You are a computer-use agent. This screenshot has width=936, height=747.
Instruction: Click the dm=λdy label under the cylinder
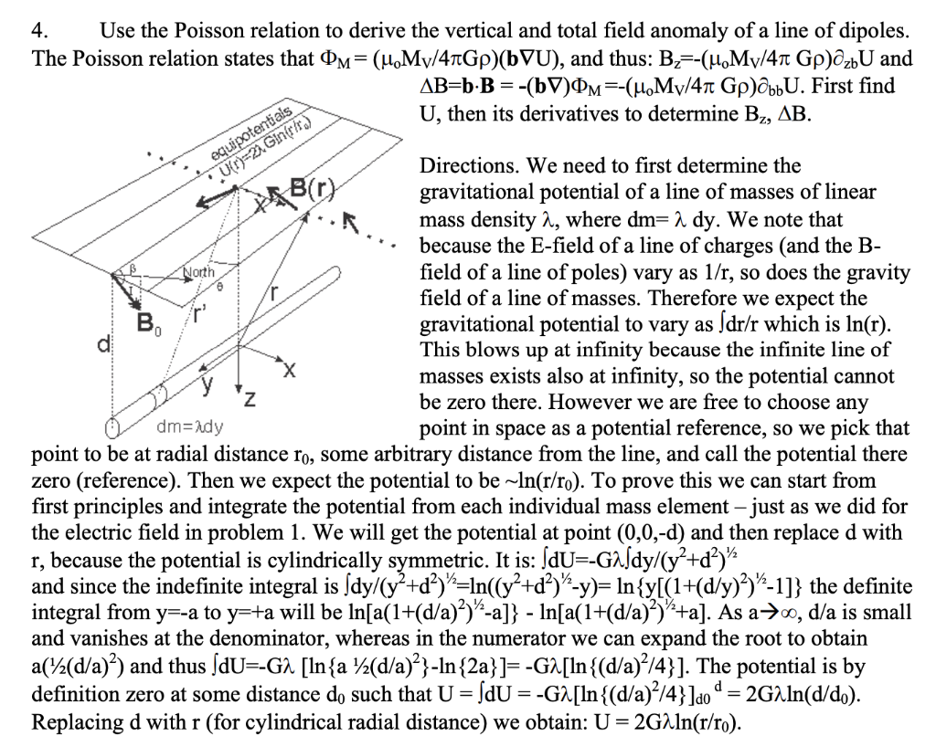[x=193, y=426]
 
